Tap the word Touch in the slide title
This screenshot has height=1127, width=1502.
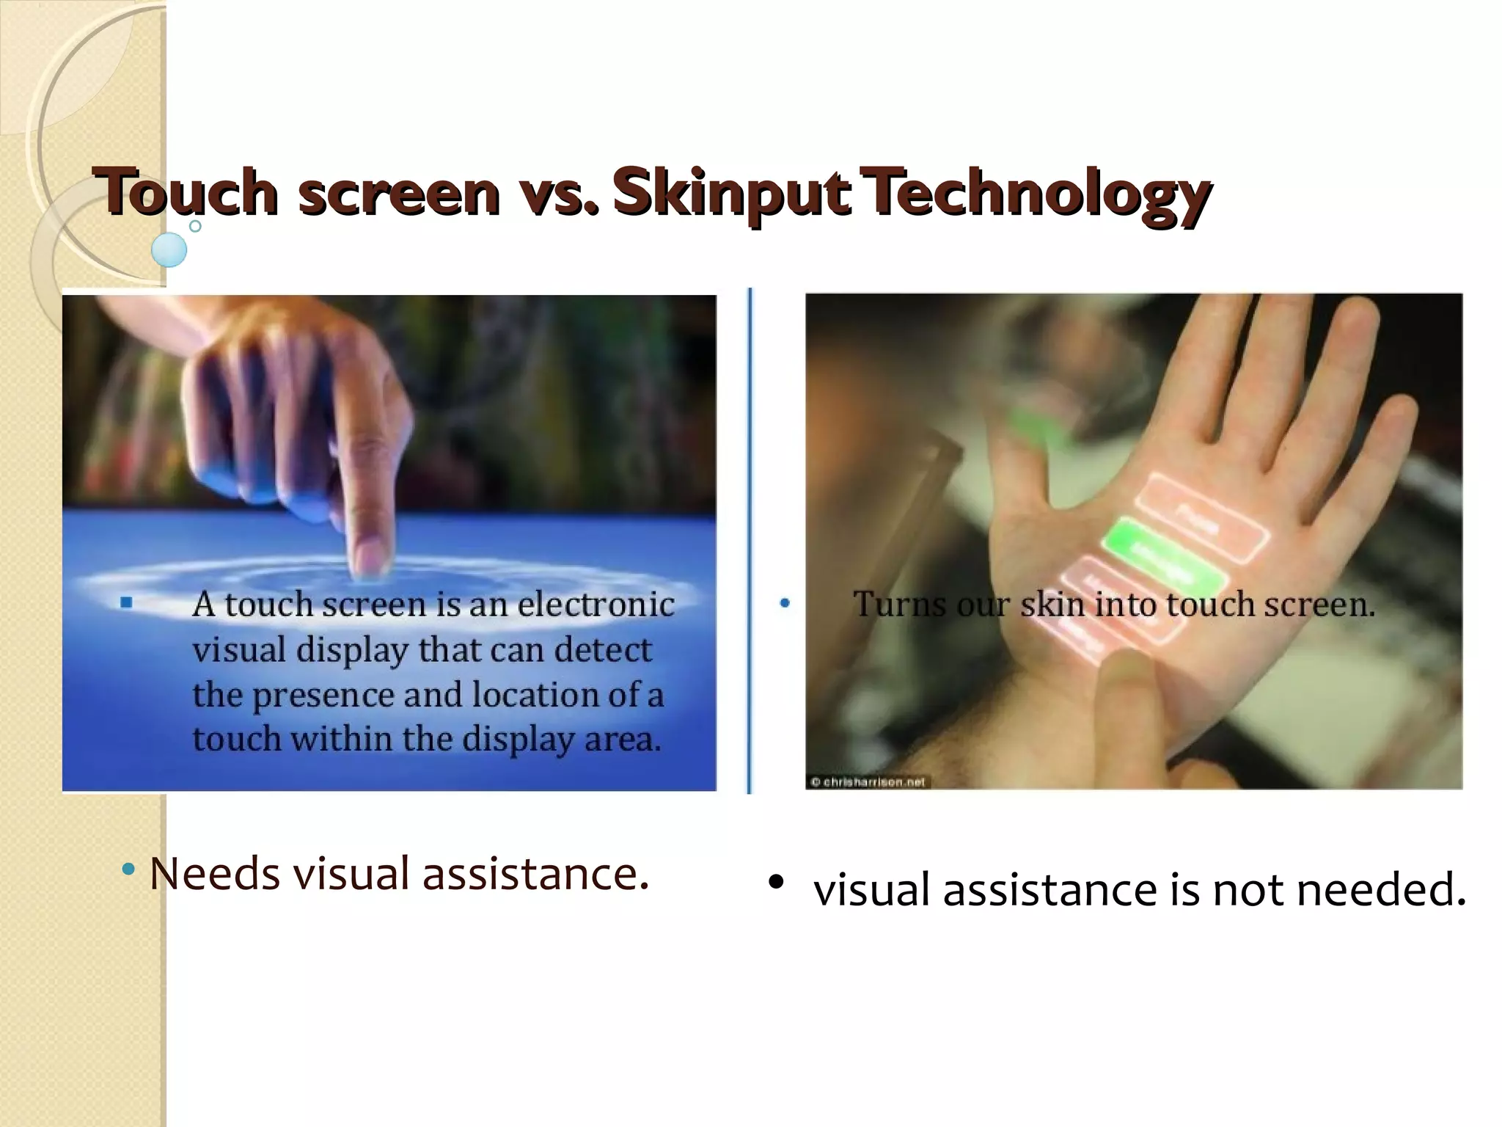[x=186, y=192]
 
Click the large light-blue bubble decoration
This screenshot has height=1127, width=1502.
[x=169, y=249]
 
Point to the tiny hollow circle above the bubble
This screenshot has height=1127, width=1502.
[x=195, y=226]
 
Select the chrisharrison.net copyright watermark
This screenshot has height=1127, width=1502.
[x=868, y=782]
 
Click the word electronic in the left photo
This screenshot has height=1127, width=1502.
[x=596, y=605]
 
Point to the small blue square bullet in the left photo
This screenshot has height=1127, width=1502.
[x=126, y=602]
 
